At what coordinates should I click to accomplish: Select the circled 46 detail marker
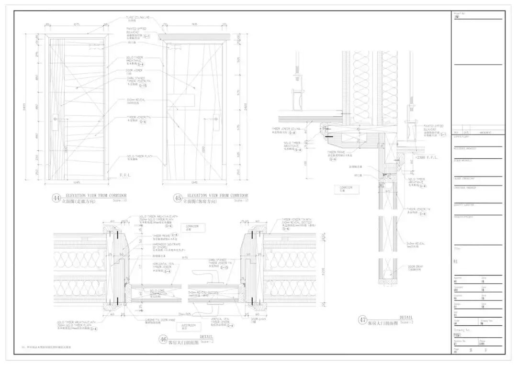[x=163, y=340]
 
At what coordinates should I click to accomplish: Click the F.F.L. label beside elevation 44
[x=124, y=175]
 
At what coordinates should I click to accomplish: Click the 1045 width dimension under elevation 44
[x=77, y=182]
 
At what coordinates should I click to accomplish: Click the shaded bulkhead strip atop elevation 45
[x=194, y=36]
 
